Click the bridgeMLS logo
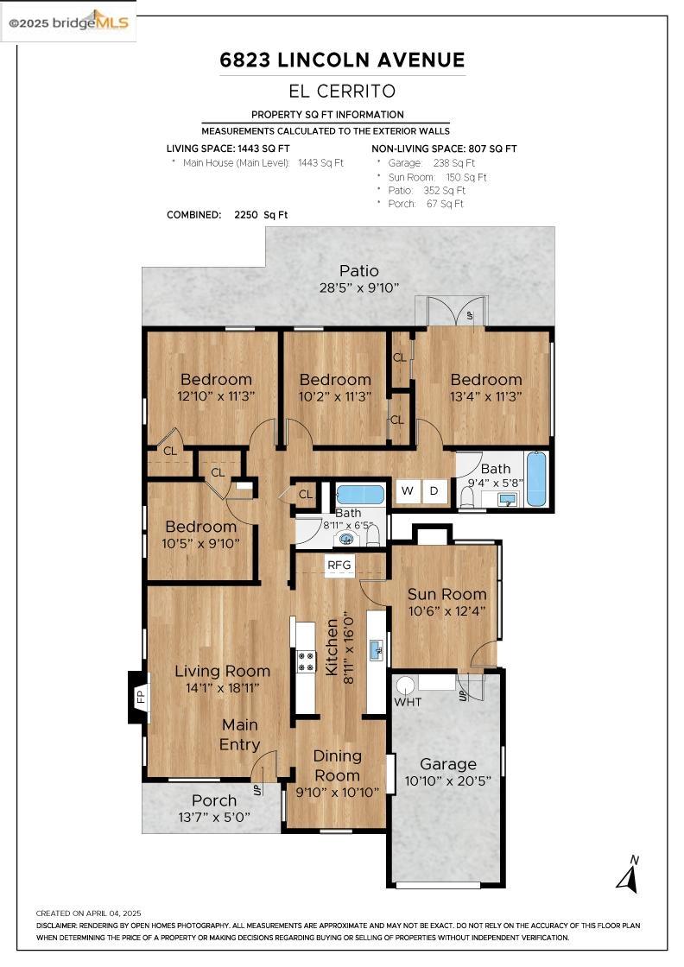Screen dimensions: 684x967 [68, 22]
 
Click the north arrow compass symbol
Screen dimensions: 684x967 [629, 874]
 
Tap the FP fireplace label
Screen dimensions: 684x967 [140, 696]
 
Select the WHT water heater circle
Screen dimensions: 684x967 [405, 685]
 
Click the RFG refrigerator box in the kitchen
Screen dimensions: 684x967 [339, 565]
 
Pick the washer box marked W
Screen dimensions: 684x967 [407, 491]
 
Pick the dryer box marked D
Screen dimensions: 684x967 [434, 491]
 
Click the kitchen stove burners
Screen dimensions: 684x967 [306, 661]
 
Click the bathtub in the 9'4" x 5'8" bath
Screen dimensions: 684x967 [536, 479]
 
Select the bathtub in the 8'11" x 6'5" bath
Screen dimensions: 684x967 [359, 495]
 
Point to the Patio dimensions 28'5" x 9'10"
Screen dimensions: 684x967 [359, 288]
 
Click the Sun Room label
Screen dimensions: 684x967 [447, 594]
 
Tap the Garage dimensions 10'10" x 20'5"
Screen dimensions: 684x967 [447, 781]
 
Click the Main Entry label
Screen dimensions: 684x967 [240, 735]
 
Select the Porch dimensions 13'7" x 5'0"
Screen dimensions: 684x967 [214, 817]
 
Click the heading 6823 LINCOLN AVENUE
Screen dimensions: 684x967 [342, 60]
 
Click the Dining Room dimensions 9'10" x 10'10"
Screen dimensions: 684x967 [337, 792]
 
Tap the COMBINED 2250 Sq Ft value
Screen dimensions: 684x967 [261, 215]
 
